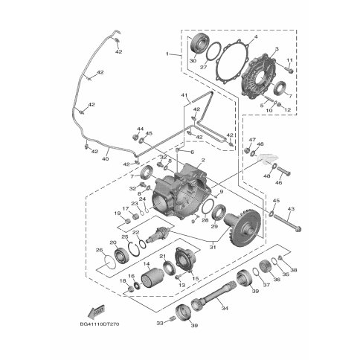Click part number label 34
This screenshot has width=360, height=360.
(225, 308)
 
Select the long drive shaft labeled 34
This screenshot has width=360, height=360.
(213, 296)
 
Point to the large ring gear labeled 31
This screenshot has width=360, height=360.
(243, 229)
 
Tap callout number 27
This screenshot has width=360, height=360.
(204, 68)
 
